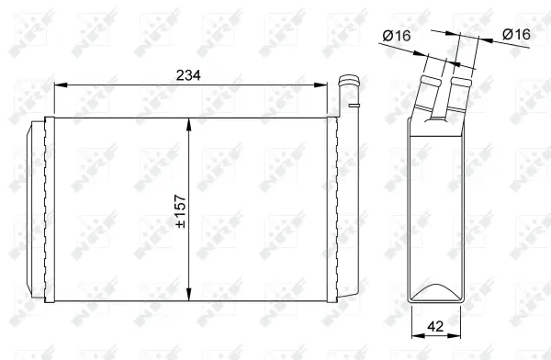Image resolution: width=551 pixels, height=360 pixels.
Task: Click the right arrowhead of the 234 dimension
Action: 325,85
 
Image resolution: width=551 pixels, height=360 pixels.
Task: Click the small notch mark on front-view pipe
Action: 353,108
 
